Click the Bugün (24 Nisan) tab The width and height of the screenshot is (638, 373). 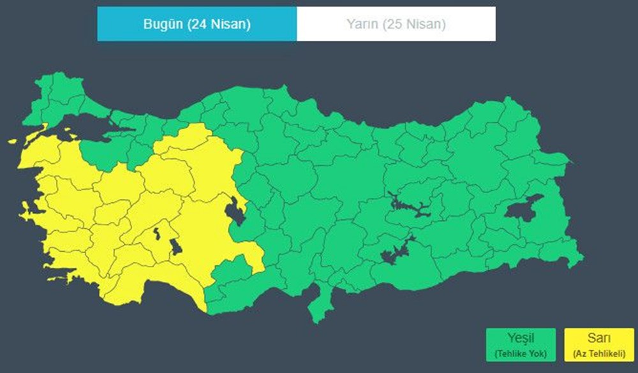(x=197, y=24)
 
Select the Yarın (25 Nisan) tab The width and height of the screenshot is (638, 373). (x=396, y=24)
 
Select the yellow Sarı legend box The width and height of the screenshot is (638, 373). (x=599, y=345)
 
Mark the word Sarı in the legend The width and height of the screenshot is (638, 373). (x=599, y=339)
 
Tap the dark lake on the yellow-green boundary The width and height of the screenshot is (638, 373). (x=234, y=211)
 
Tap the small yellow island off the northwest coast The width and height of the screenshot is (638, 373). (x=12, y=142)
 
